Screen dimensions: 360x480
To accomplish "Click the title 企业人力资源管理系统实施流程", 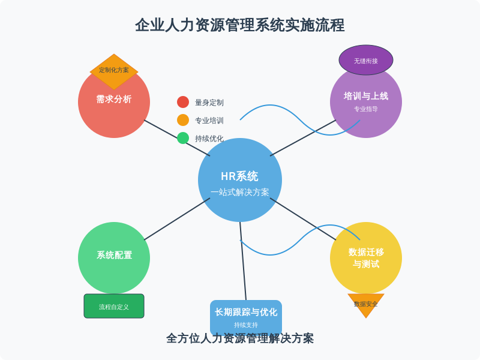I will [240, 25].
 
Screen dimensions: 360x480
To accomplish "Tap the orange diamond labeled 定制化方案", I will [114, 70].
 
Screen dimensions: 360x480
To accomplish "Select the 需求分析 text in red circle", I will [114, 99].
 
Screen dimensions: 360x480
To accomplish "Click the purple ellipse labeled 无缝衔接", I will [366, 61].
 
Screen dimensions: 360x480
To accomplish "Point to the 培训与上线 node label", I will [366, 96].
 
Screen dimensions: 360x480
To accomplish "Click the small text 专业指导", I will [366, 109].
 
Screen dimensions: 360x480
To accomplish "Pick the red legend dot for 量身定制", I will [183, 102].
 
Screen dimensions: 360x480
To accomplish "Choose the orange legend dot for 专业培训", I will [183, 120].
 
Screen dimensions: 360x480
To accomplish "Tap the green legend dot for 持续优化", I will [183, 138].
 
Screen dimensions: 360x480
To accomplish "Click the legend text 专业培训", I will [209, 121].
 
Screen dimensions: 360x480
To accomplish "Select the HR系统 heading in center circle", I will [240, 176].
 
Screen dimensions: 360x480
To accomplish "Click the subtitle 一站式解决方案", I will [240, 193].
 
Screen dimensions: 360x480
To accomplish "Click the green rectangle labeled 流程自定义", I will [114, 306].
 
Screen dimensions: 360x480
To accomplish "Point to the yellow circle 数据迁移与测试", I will [366, 258].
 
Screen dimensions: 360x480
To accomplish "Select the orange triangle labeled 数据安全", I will [366, 304].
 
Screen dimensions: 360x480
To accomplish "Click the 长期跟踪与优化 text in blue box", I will [246, 312].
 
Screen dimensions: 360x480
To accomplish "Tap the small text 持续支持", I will [246, 325].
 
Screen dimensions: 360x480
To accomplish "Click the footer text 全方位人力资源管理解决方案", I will [240, 338].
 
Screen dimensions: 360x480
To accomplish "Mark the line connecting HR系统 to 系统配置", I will [177, 219].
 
